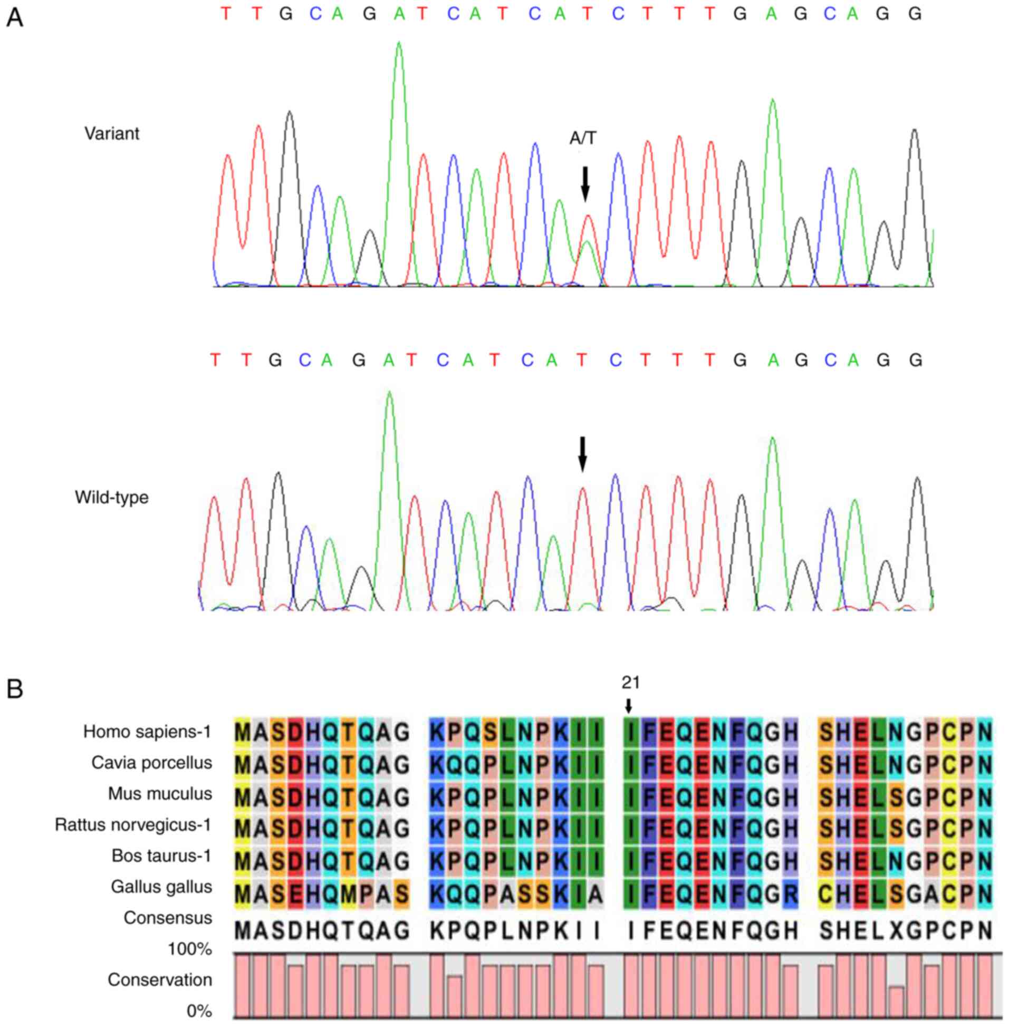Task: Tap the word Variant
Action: point(112,133)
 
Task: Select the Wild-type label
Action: point(112,497)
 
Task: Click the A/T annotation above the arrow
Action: point(582,139)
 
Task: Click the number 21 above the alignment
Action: point(631,683)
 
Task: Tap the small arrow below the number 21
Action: point(629,705)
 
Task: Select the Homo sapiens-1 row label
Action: point(147,732)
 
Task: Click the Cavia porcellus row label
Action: point(151,763)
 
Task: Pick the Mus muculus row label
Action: point(160,794)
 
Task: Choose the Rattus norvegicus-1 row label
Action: point(133,824)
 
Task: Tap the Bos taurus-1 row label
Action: point(161,855)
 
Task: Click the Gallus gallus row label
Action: point(161,887)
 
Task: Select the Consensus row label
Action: point(167,918)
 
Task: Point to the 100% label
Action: point(190,949)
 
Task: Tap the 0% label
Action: point(199,1011)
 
